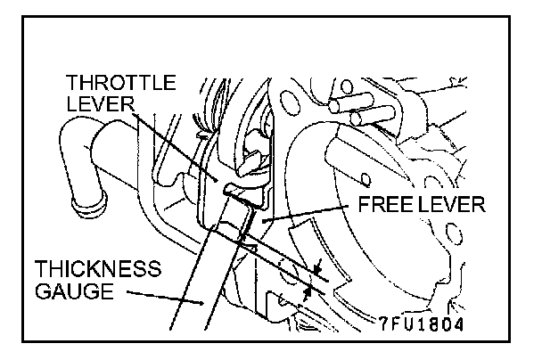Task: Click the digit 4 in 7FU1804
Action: (457, 322)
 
